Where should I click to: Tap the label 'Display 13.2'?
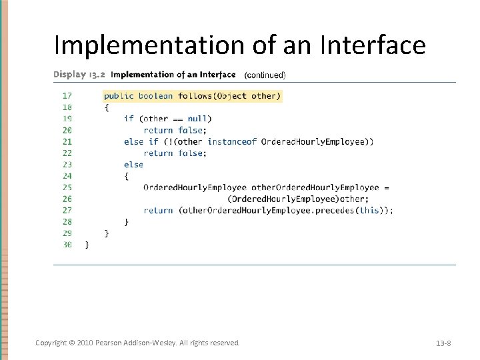(x=79, y=75)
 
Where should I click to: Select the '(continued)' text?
(x=265, y=75)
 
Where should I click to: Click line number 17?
(x=67, y=96)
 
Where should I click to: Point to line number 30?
(x=67, y=245)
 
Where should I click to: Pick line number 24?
(x=67, y=176)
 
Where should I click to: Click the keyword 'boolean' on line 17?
(x=155, y=96)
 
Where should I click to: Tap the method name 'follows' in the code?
(x=195, y=96)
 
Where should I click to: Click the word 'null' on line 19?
(x=197, y=119)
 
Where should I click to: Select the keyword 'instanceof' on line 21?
(x=232, y=141)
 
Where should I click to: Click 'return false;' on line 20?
(x=175, y=131)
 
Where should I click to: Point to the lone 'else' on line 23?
(x=133, y=165)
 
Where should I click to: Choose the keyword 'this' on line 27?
(x=369, y=211)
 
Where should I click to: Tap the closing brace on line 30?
(x=87, y=245)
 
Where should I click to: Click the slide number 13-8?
(x=443, y=343)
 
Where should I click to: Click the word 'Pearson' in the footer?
(x=110, y=343)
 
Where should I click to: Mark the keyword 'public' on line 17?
(x=119, y=96)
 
